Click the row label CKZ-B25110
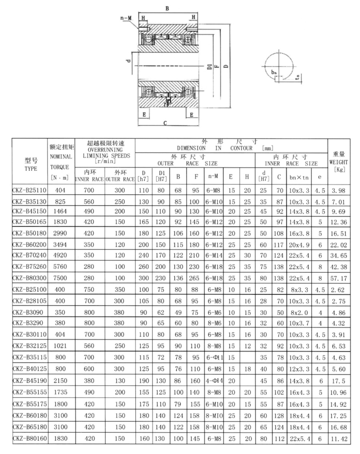tap(30, 190)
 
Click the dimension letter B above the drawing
tap(167, 7)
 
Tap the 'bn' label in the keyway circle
tap(273, 72)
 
